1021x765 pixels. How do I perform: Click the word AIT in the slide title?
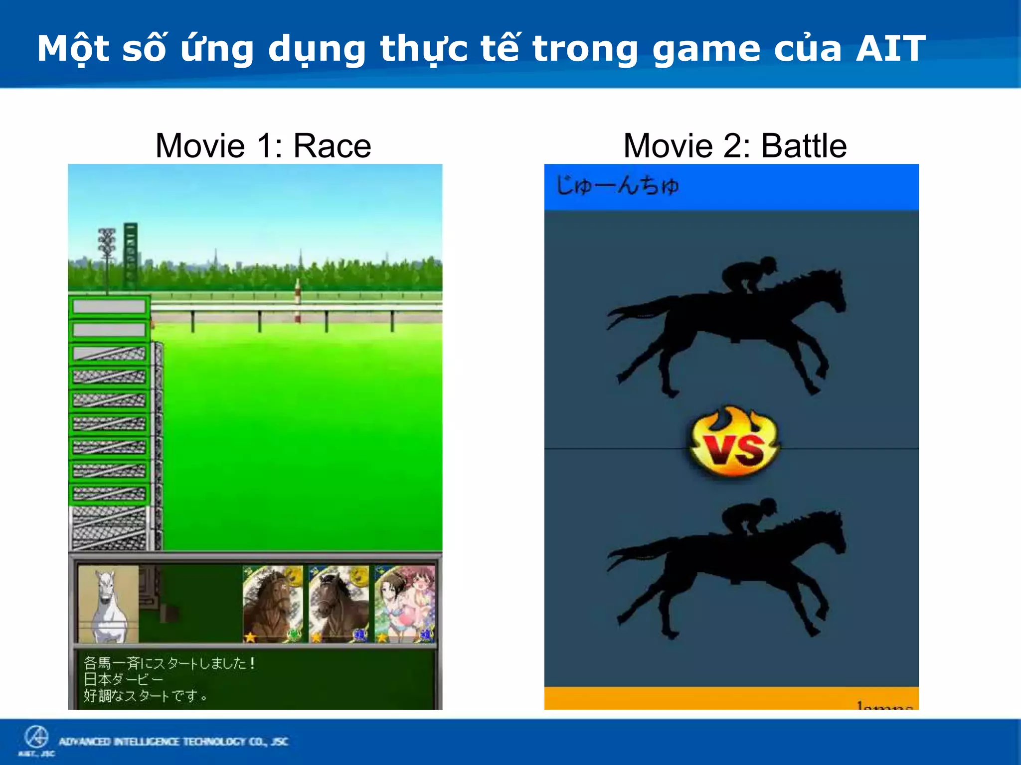point(890,49)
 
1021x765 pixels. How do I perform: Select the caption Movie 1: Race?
point(263,145)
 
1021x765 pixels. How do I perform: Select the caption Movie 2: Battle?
point(735,145)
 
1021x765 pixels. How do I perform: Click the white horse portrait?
point(108,604)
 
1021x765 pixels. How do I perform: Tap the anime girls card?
point(405,604)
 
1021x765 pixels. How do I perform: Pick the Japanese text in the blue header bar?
point(617,186)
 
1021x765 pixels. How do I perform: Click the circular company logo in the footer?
point(36,738)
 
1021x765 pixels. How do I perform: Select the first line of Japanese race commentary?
point(170,663)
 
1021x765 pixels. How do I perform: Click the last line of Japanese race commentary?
point(145,696)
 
